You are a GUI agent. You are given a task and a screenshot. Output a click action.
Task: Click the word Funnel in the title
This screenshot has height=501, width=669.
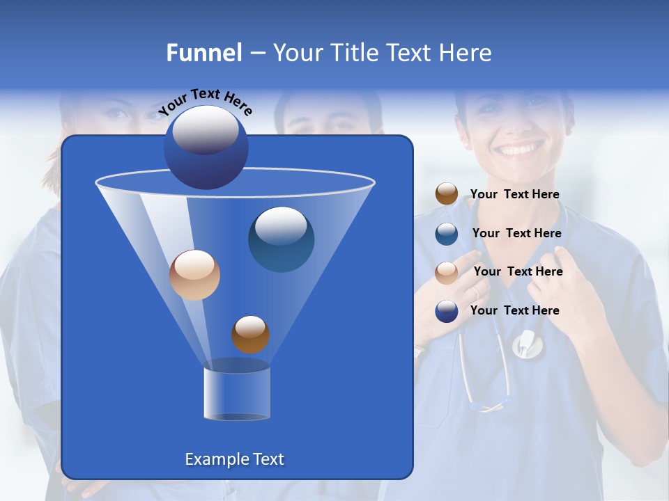click(x=203, y=53)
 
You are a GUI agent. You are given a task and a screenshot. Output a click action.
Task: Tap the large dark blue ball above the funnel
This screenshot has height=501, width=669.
click(x=206, y=147)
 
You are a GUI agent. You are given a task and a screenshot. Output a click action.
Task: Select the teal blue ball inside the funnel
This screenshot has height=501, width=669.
click(x=281, y=239)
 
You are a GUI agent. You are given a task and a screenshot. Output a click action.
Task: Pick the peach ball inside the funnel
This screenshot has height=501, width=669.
click(x=194, y=275)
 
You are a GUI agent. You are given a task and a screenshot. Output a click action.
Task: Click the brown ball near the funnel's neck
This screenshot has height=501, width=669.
click(x=250, y=334)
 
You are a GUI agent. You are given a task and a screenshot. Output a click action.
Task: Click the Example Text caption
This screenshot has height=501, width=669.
click(x=234, y=459)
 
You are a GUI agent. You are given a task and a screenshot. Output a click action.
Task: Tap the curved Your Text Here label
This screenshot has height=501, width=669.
click(x=205, y=102)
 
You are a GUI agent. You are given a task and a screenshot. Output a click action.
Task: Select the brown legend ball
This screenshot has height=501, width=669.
click(x=447, y=194)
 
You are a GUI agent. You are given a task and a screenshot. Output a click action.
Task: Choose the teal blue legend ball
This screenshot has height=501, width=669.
click(x=447, y=233)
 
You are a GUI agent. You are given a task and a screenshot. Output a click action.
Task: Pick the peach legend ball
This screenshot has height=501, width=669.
click(x=447, y=272)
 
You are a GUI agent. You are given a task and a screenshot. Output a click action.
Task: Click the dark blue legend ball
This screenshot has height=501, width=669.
click(x=447, y=311)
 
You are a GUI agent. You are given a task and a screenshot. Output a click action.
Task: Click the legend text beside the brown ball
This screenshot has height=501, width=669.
click(x=514, y=195)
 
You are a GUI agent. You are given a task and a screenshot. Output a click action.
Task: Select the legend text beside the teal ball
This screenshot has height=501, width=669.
click(x=516, y=234)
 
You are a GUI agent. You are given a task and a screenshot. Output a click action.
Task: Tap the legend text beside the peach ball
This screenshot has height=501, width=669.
click(x=518, y=272)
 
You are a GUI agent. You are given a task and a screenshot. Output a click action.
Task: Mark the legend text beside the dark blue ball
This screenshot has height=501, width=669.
click(x=514, y=310)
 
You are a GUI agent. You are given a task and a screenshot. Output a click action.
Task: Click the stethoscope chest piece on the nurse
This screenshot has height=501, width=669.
click(x=528, y=344)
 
